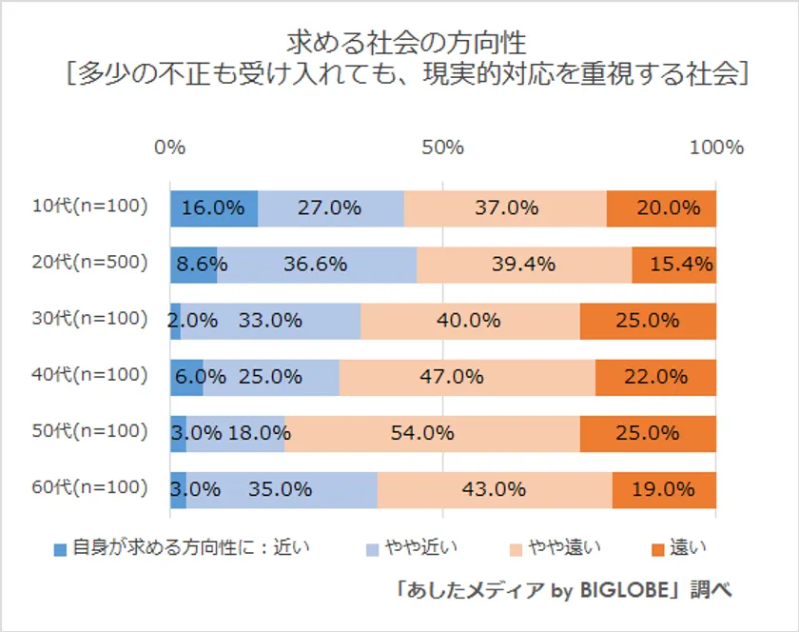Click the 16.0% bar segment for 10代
point(214,208)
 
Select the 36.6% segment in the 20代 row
point(317,265)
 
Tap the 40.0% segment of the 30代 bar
point(470,321)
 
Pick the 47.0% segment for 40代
point(467,377)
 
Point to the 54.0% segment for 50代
point(432,433)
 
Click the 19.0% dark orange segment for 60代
point(664,489)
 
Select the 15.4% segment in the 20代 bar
point(673,265)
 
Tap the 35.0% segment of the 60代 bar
point(282,489)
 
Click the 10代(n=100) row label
point(89,207)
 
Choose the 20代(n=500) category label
point(89,263)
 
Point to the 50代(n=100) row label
point(89,431)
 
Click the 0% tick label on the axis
point(169,148)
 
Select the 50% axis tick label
point(442,148)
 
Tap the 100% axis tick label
point(715,148)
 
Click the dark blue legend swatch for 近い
point(61,548)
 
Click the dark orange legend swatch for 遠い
point(655,548)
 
